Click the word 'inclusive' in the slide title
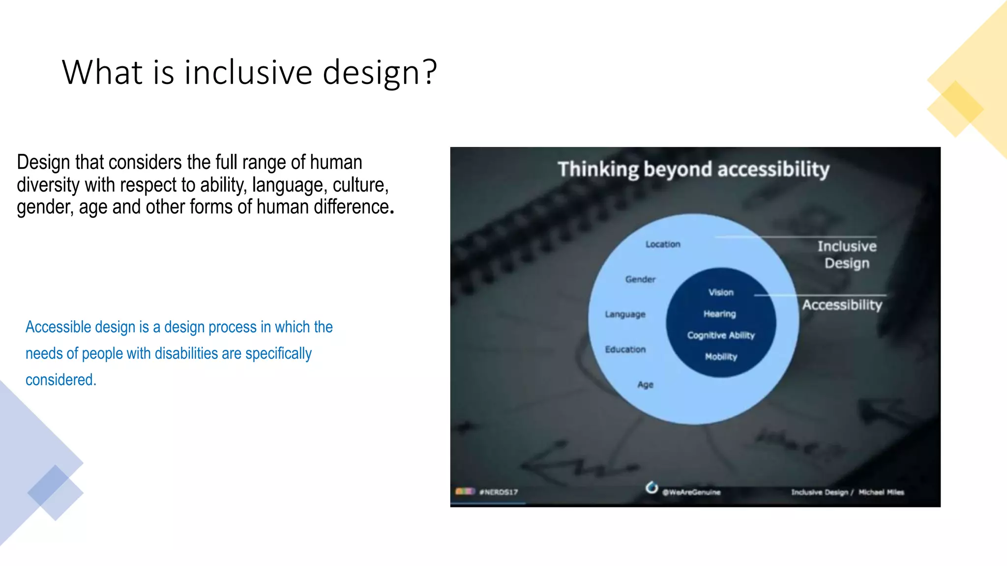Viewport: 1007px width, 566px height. pos(248,72)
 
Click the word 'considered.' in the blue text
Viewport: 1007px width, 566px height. pos(61,380)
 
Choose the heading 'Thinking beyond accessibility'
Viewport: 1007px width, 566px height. pos(693,169)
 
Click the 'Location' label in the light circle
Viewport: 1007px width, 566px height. pos(663,244)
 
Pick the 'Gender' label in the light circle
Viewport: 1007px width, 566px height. pos(640,279)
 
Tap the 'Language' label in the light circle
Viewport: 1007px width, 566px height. pos(625,314)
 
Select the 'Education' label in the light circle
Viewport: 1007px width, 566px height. pos(625,349)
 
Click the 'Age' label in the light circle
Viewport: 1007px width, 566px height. pos(645,384)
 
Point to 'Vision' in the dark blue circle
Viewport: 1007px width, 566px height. pos(721,292)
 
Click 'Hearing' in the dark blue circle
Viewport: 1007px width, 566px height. pos(719,313)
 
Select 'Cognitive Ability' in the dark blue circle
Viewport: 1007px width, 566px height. pos(721,335)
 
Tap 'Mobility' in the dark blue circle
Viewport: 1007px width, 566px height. pos(721,357)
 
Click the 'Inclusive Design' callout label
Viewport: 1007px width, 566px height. pos(847,255)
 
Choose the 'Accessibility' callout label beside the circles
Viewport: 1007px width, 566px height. pos(842,305)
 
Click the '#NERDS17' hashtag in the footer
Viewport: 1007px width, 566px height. pos(498,492)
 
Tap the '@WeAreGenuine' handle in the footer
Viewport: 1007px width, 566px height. pos(691,492)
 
